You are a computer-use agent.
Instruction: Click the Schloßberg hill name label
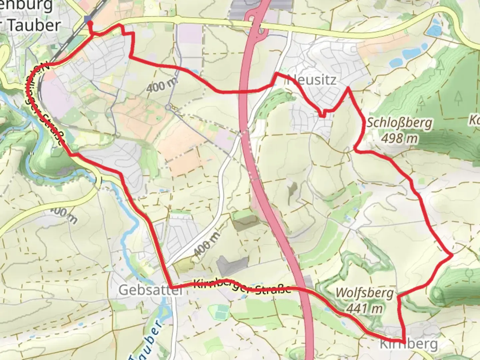[x=399, y=123]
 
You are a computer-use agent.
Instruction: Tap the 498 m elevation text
[x=399, y=138]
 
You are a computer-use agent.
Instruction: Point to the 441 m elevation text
[x=364, y=309]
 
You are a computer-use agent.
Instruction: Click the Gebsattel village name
[x=151, y=290]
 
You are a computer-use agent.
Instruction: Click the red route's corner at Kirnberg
[x=404, y=343]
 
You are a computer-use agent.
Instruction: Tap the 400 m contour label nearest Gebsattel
[x=206, y=245]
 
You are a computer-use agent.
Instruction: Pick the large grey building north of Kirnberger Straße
[x=233, y=266]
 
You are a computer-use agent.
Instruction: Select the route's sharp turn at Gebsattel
[x=171, y=287]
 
